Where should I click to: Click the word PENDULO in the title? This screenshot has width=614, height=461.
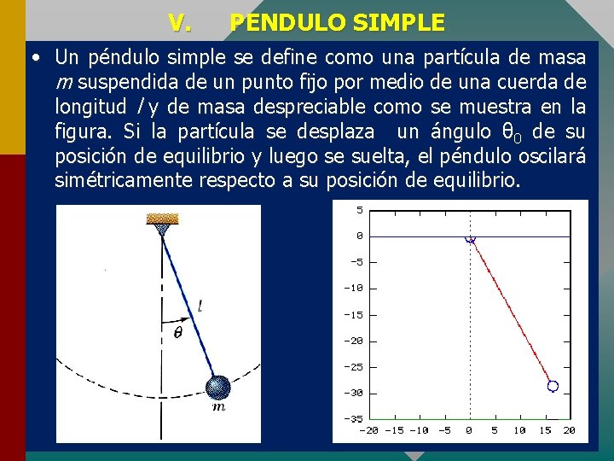[x=278, y=22]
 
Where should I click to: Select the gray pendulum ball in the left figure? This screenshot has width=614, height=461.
[x=219, y=388]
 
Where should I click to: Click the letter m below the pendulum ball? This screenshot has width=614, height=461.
[x=219, y=408]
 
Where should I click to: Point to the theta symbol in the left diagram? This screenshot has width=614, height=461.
[x=177, y=334]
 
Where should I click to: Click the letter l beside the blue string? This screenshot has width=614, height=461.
[x=200, y=305]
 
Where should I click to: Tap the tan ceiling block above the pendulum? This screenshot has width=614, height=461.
[x=161, y=219]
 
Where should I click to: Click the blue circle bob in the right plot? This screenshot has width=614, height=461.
[x=553, y=387]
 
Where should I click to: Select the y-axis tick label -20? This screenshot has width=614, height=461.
[x=353, y=341]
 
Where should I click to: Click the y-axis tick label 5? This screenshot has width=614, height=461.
[x=360, y=209]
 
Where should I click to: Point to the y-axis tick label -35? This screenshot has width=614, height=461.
[x=353, y=419]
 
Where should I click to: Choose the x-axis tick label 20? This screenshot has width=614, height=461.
[x=569, y=430]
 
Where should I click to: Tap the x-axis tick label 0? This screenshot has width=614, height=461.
[x=469, y=430]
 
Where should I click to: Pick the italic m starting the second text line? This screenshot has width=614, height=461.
[x=63, y=83]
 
